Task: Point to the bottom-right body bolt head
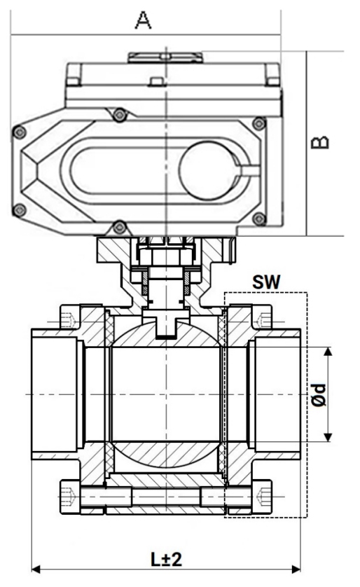pyautogui.click(x=263, y=496)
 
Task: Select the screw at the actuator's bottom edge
pyautogui.click(x=119, y=226)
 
